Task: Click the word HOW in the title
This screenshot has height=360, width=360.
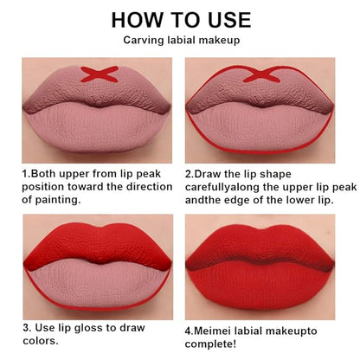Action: (137, 20)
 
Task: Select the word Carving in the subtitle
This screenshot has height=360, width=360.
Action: (144, 40)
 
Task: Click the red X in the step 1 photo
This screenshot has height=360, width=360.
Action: (100, 74)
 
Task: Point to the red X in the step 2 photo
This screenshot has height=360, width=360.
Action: (262, 74)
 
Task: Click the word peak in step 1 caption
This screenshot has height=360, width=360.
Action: (149, 174)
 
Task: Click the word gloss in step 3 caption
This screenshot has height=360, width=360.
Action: (87, 328)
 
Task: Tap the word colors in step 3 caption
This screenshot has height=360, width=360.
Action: (41, 341)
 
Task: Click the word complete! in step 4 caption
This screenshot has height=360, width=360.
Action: (210, 344)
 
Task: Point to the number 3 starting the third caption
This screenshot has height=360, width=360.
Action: (27, 328)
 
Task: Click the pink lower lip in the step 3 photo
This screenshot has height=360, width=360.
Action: (98, 286)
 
